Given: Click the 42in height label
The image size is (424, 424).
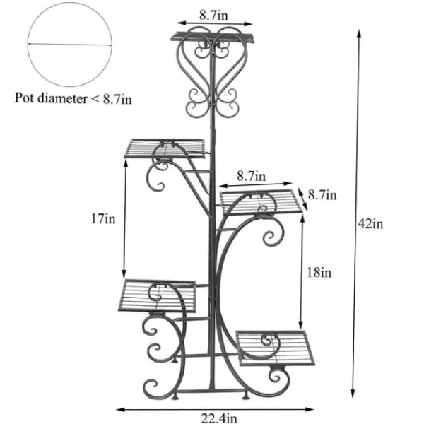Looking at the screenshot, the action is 370,224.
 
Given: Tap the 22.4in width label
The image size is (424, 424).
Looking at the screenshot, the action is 219,418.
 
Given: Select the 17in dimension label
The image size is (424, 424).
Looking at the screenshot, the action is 103,218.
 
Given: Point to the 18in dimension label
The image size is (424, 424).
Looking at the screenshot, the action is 319,272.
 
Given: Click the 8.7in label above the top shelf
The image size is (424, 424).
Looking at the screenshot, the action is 213,15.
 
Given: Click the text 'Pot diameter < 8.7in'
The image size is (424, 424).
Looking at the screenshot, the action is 73,98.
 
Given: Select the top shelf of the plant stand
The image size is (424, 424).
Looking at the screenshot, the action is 213,37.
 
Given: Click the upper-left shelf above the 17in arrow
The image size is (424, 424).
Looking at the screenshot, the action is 165,148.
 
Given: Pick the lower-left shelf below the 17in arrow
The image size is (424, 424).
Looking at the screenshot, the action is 157,295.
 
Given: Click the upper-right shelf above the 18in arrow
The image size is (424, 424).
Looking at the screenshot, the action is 261,202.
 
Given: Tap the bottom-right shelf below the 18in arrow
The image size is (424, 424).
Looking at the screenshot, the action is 276,348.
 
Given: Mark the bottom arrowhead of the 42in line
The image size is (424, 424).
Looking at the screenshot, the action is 353,394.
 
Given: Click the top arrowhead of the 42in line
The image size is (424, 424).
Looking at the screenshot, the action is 359,34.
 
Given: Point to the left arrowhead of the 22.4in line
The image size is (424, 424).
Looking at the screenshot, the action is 121,410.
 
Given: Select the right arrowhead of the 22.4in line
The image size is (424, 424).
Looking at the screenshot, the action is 309,409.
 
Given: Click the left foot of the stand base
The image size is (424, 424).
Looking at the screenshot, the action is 175,396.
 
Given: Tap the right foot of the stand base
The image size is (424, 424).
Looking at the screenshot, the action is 246,396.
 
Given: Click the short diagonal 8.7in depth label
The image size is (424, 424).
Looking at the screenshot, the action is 322,195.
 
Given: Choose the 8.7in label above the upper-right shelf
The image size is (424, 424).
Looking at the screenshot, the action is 252,176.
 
